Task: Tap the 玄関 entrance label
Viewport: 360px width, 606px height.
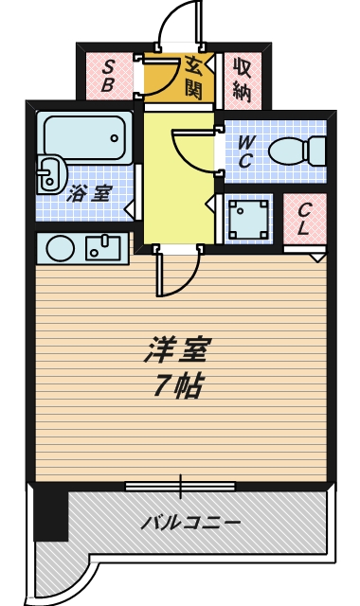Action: coord(193,77)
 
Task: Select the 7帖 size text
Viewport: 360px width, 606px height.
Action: coord(177,386)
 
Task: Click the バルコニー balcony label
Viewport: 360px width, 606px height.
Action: coord(191,522)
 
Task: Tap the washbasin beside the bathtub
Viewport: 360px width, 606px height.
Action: coord(49,173)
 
